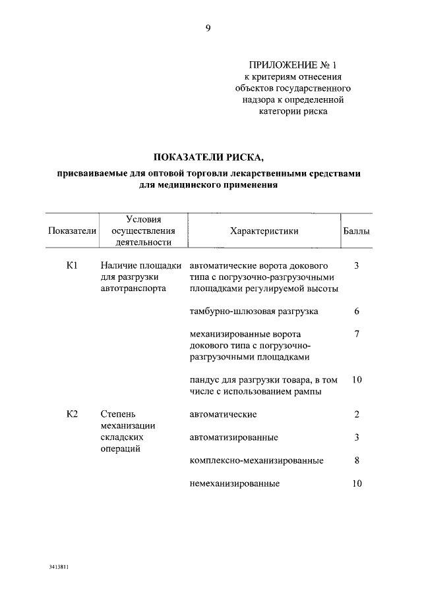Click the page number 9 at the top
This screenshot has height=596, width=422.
[x=208, y=28]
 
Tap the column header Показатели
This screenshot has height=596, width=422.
[x=73, y=231]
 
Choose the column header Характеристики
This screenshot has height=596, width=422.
[x=264, y=231]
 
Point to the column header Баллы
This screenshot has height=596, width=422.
[x=357, y=231]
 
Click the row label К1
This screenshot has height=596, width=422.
[x=73, y=266]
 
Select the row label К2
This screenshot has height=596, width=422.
[x=73, y=414]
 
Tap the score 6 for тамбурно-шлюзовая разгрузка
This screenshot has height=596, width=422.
[x=357, y=311]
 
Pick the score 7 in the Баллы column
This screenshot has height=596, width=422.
[x=357, y=334]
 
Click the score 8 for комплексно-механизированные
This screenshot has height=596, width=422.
[x=357, y=460]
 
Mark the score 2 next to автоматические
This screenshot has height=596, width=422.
[x=357, y=414]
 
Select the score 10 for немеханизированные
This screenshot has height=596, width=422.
[x=357, y=483]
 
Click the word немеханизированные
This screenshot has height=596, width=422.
[x=235, y=483]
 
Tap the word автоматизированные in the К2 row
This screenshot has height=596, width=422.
[x=233, y=437]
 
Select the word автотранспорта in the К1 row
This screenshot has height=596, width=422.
[x=134, y=288]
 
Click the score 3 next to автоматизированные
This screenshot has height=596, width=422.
[x=357, y=437]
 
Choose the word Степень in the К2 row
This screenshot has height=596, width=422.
[x=118, y=414]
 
